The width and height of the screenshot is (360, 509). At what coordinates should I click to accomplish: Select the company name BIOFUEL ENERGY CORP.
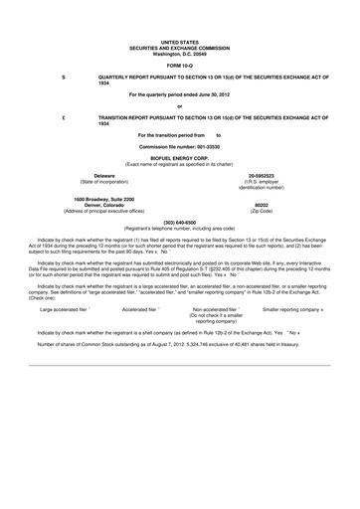tap(180, 156)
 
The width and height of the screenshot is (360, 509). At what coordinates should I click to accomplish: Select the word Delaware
tap(97, 175)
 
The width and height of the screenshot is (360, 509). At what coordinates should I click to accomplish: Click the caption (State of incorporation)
tap(97, 181)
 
